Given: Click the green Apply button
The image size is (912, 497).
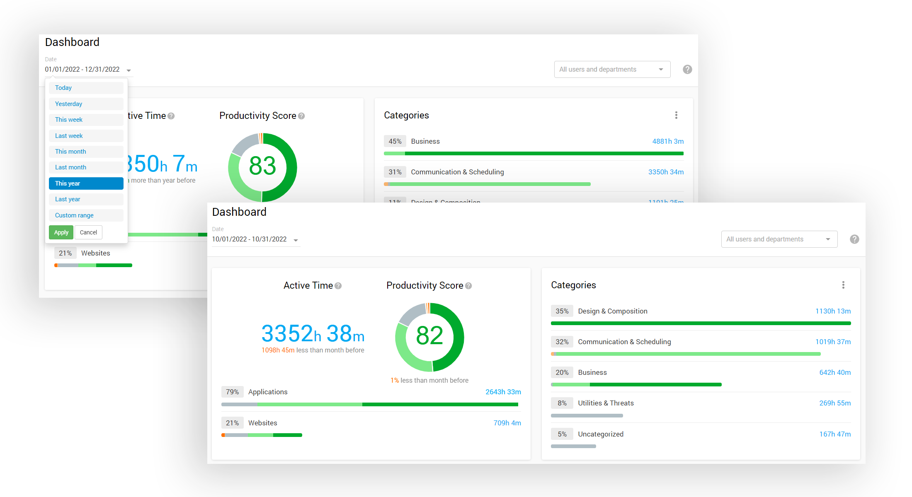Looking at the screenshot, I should [61, 232].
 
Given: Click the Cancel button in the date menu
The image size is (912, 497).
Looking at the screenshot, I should [88, 232].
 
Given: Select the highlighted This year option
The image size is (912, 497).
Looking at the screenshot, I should [86, 183].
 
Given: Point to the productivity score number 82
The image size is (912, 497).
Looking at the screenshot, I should [429, 335].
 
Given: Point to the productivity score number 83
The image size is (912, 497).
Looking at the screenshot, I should [262, 166].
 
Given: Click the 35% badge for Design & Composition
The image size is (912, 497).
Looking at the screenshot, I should [562, 311].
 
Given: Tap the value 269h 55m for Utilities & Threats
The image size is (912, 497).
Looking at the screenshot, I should [834, 403].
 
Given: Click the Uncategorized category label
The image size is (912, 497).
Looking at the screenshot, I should [601, 434].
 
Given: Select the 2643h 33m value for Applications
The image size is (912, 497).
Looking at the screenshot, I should [503, 392].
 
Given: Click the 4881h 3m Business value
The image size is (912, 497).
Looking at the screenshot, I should [667, 141].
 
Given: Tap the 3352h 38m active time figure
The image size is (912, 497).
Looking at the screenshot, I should [313, 333].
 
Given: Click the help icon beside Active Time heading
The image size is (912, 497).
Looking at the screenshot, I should [338, 286].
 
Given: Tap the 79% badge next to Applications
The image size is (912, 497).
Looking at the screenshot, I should [232, 392].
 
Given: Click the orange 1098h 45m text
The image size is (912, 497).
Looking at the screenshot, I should [278, 350].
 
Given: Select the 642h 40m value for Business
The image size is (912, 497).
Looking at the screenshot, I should [834, 372].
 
